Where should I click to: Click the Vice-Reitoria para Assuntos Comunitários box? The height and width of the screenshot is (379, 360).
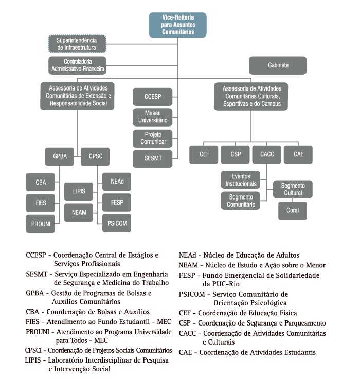point(172,25)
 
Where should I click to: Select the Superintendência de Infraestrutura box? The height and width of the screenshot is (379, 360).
point(77,44)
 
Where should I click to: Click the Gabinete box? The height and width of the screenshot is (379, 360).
point(278,66)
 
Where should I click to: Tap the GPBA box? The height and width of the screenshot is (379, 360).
point(60,156)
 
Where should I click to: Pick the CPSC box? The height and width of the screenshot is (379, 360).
point(96,156)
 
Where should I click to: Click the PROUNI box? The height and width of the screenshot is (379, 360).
point(41,224)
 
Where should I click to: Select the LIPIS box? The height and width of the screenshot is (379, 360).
point(79,191)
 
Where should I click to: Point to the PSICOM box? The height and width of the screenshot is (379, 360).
point(117,223)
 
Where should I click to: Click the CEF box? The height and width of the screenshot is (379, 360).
point(204,154)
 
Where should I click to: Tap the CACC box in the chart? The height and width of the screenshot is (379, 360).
point(267,154)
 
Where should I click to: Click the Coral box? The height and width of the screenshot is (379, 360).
point(293,210)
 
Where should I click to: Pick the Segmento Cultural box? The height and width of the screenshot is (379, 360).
point(293,189)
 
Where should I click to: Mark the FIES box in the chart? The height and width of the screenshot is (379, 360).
point(41,203)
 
